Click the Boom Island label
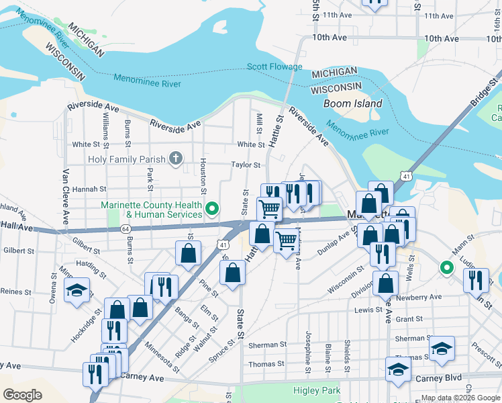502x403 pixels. point(352,103)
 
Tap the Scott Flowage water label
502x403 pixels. point(274,66)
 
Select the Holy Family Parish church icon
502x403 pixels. point(176,159)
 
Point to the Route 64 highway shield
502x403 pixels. point(125,229)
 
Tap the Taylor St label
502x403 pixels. point(245,165)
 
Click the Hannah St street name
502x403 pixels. point(89,189)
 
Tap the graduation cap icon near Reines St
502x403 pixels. point(77,290)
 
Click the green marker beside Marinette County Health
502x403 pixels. point(213,210)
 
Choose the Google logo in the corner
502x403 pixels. point(22,395)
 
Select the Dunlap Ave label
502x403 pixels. point(332,247)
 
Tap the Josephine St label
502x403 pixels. point(308,351)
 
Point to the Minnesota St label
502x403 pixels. point(162,357)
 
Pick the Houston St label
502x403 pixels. point(202,173)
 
